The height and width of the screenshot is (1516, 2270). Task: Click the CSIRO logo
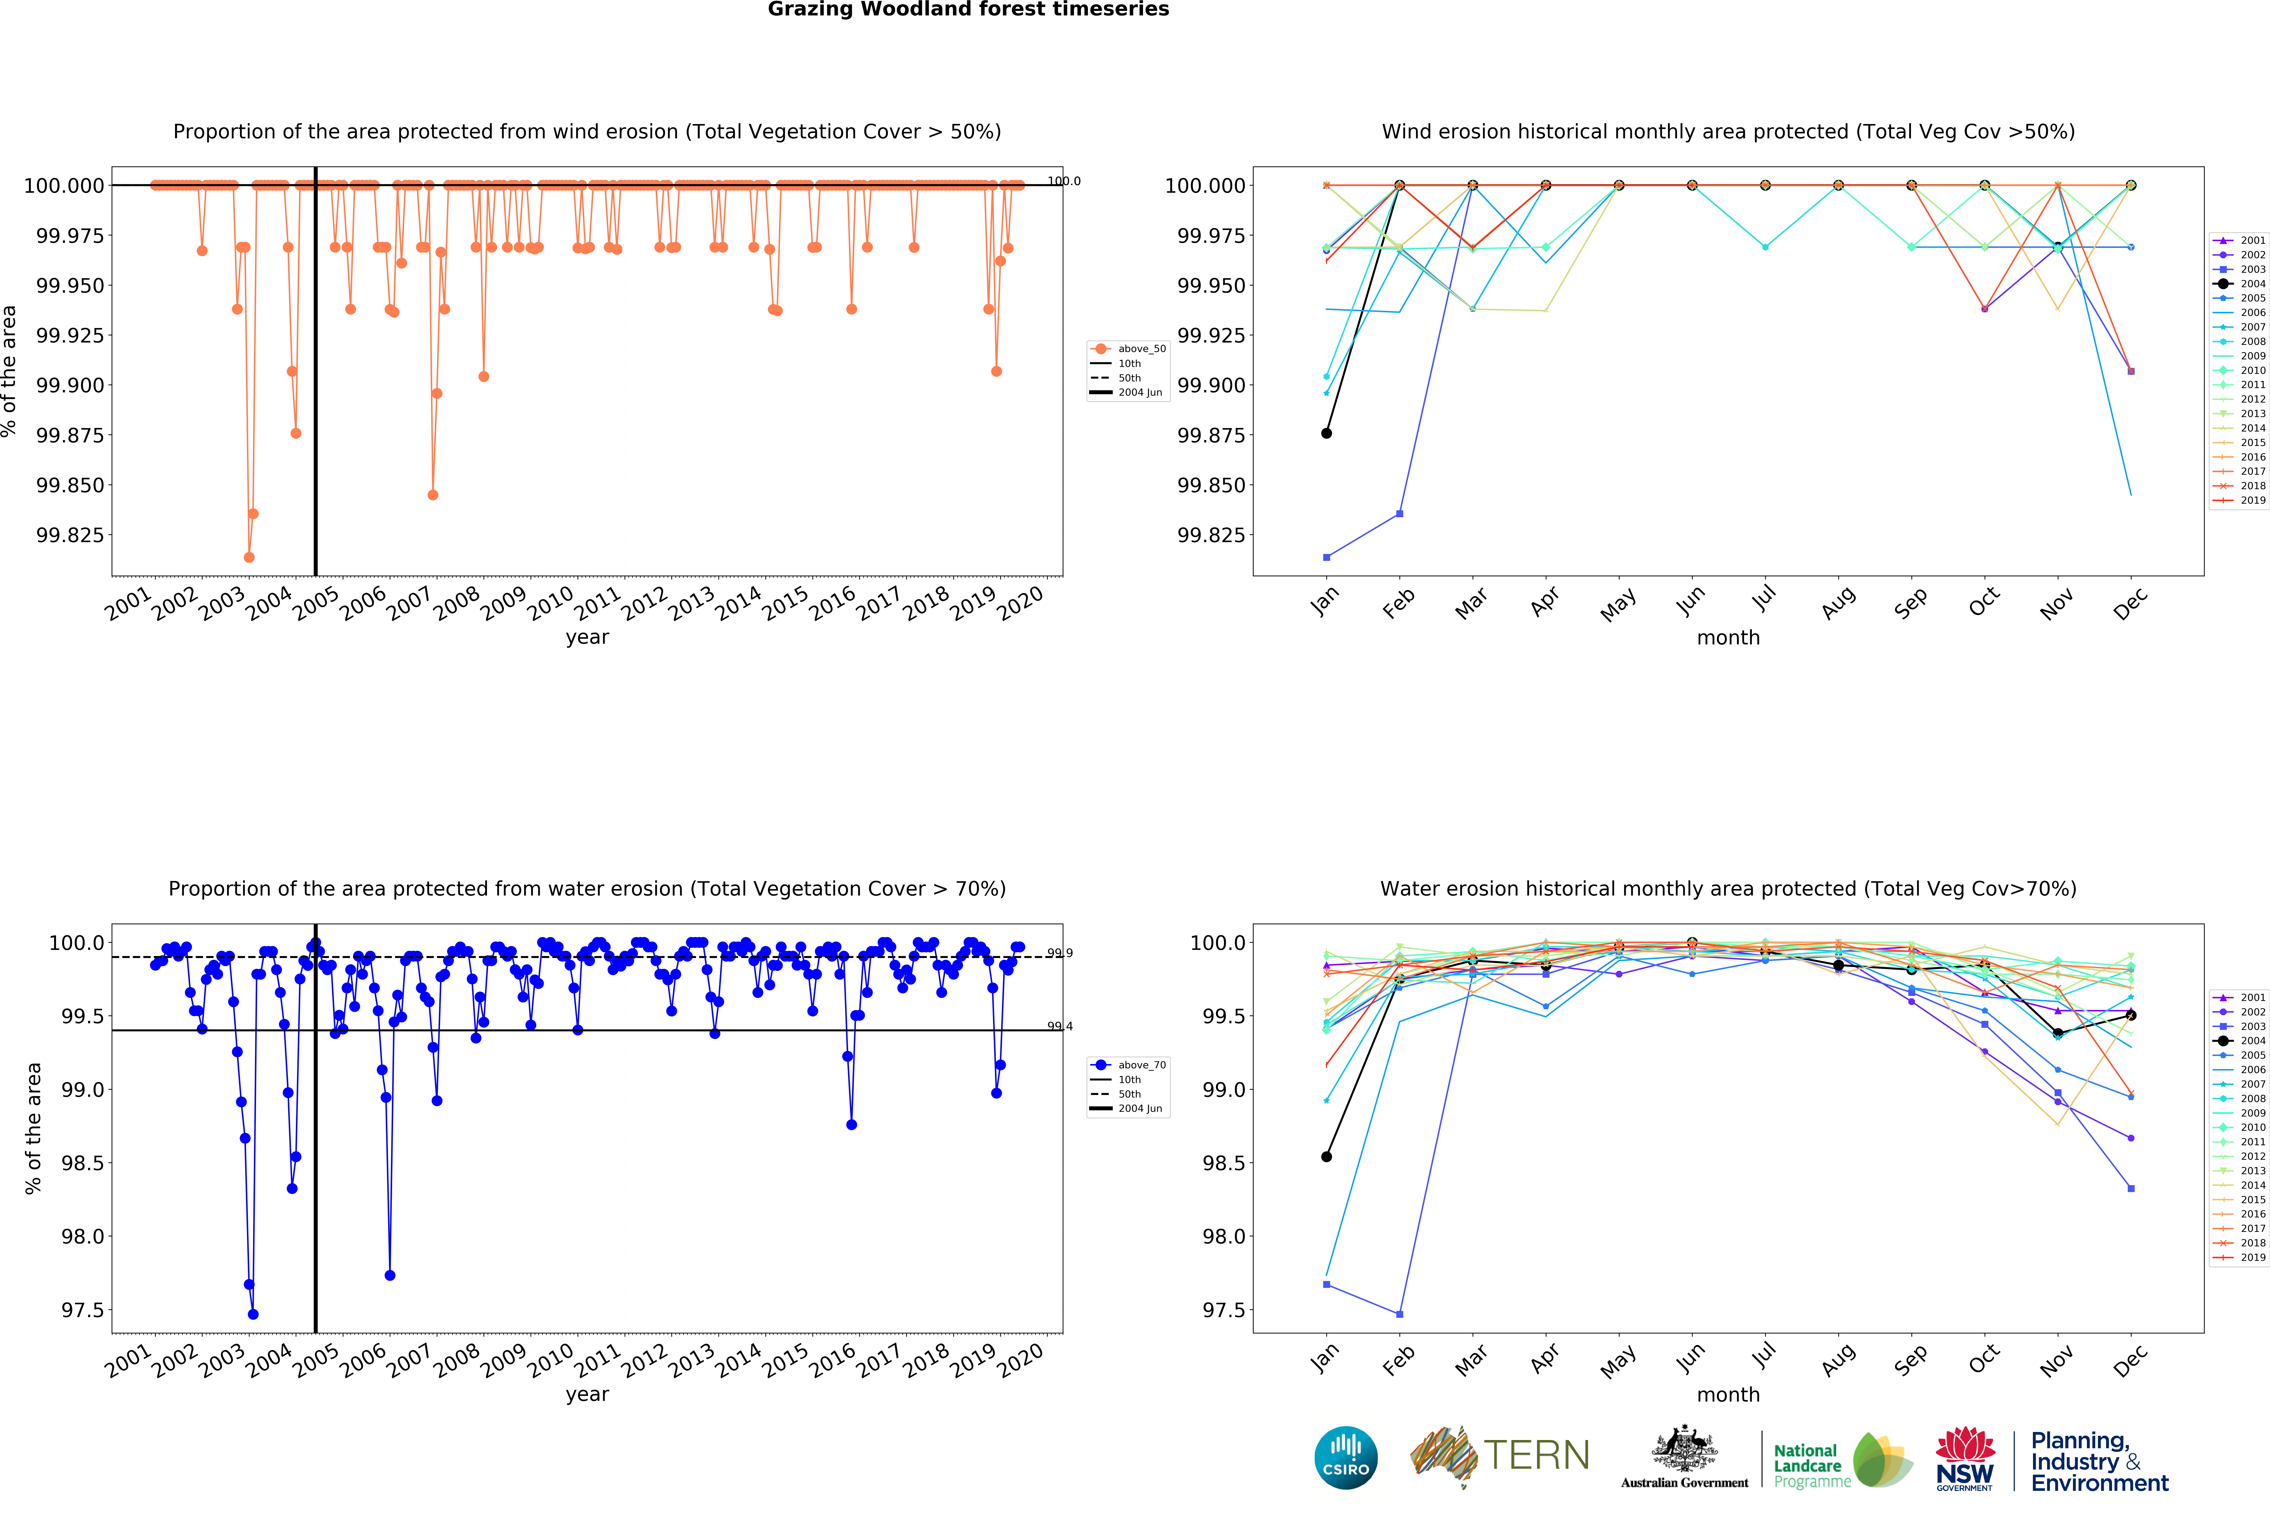coord(1345,1457)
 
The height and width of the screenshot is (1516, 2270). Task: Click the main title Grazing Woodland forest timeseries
coord(968,10)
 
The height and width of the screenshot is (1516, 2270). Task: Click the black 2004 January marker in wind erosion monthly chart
coord(1326,433)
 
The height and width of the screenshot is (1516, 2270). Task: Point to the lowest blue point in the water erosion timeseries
coord(253,1314)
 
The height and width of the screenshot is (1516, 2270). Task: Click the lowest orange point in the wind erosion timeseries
coord(250,557)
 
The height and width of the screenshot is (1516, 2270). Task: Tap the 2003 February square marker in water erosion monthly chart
coord(1399,1314)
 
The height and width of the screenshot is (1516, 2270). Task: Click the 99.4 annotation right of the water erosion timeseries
coord(1060,1027)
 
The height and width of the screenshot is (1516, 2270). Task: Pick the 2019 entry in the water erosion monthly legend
coord(2240,1258)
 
